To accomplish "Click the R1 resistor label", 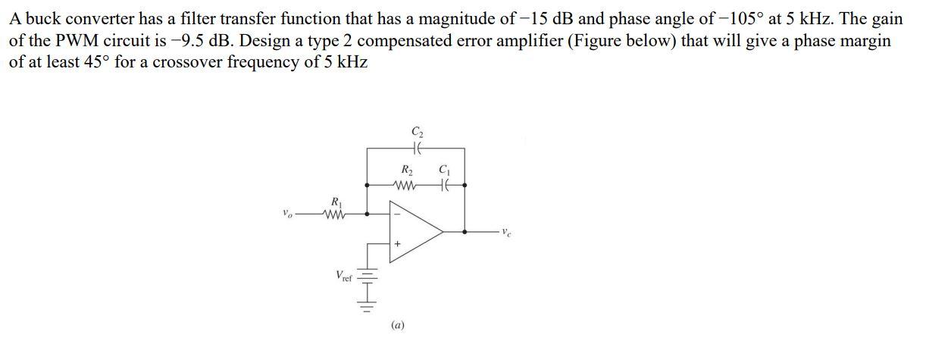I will pos(335,202).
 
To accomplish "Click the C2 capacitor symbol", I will pos(416,149).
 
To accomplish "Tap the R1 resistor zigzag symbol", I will pos(334,214).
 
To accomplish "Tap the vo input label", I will pos(285,214).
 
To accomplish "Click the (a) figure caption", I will pos(398,325).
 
